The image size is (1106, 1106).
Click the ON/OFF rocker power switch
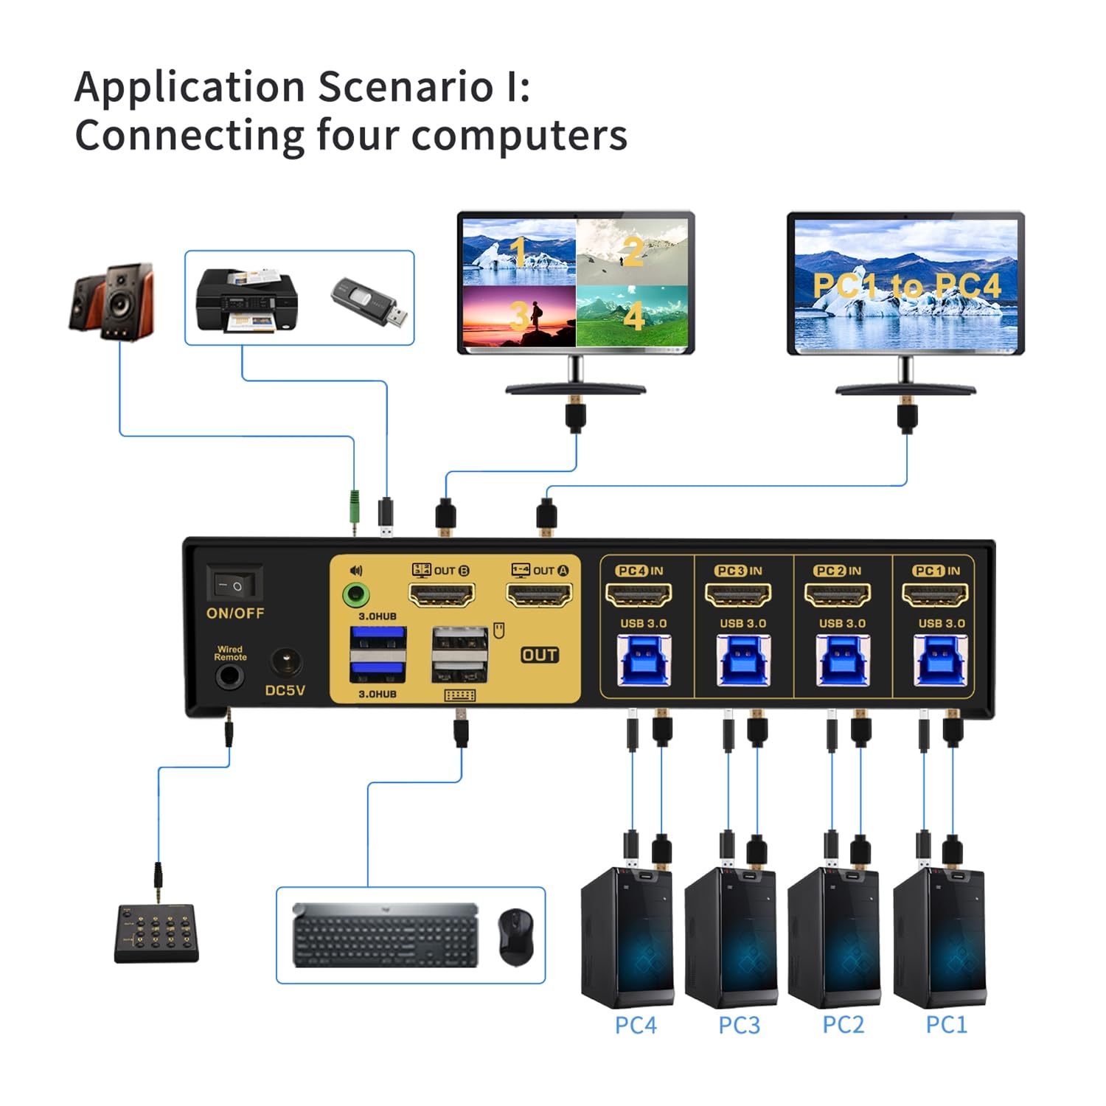tap(234, 585)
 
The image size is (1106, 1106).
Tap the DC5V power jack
tap(286, 661)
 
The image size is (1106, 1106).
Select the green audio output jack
tap(357, 594)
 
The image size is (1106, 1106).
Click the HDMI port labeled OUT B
tap(441, 594)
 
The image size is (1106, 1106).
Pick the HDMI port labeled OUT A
tap(539, 594)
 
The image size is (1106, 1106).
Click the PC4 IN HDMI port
tap(639, 594)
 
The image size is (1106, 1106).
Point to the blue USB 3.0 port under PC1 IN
tap(939, 660)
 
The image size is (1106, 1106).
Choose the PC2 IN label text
tap(838, 571)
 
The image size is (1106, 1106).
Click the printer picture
tap(246, 300)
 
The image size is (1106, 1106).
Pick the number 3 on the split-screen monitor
tap(518, 316)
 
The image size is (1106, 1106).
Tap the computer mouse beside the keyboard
tap(515, 936)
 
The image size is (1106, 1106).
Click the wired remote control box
tap(156, 933)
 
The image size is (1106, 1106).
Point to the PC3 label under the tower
tap(739, 1025)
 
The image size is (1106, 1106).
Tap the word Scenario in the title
tap(406, 87)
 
